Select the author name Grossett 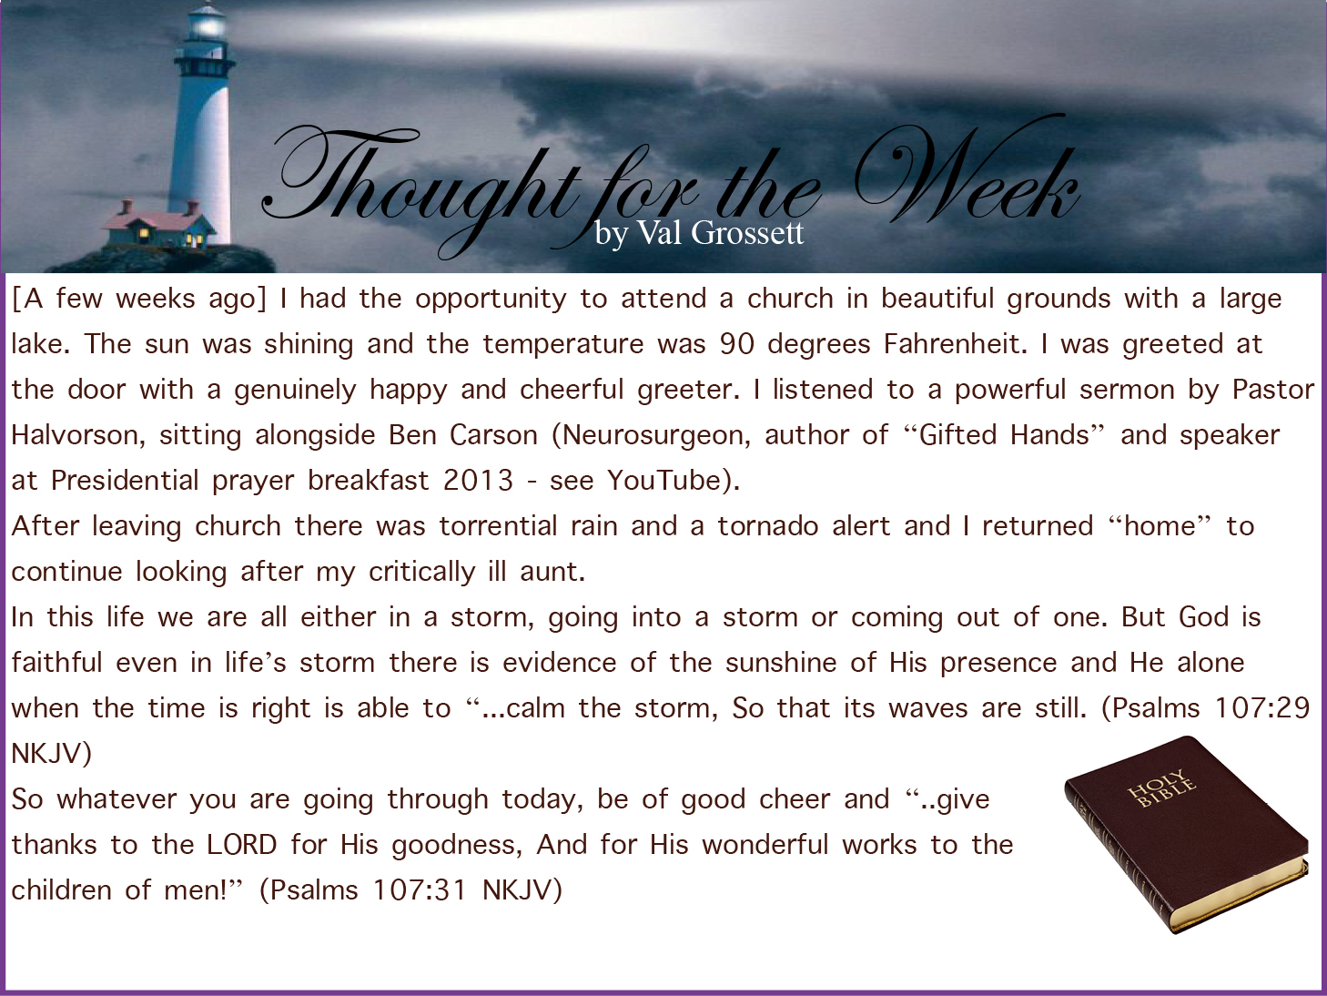click(x=747, y=233)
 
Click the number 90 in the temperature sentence click(x=737, y=344)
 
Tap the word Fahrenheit click(x=955, y=344)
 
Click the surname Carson click(x=493, y=435)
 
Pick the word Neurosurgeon click(x=652, y=436)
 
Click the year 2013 click(x=478, y=481)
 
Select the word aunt click(x=552, y=572)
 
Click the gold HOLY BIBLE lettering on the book click(x=1162, y=788)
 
